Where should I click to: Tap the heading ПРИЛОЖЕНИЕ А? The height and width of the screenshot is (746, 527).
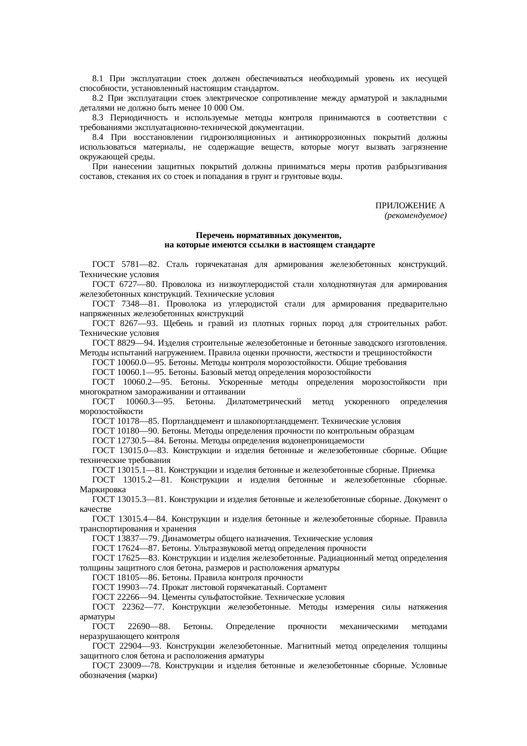(x=410, y=206)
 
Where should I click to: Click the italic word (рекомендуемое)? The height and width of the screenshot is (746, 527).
(x=415, y=216)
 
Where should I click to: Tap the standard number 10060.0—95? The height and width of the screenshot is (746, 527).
(x=135, y=362)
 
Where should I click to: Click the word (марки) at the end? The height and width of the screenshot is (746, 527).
(x=142, y=675)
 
